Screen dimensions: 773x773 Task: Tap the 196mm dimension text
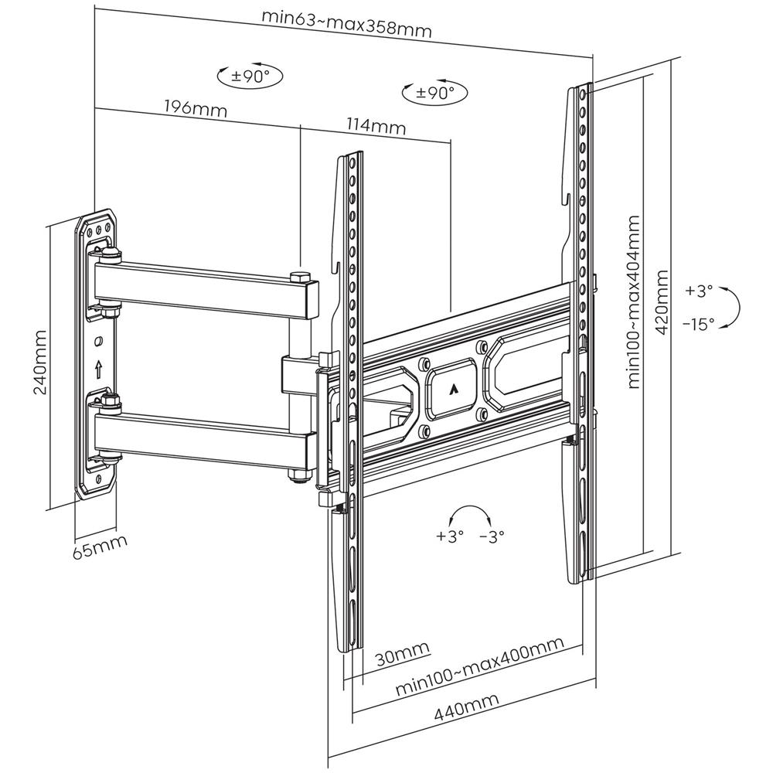(x=196, y=108)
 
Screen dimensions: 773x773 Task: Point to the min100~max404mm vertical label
(x=634, y=301)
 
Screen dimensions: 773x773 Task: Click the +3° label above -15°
(x=697, y=291)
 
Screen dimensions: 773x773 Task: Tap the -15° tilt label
(x=699, y=325)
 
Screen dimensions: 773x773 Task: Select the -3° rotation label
(x=492, y=535)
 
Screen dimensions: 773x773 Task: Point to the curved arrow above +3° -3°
(x=470, y=513)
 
